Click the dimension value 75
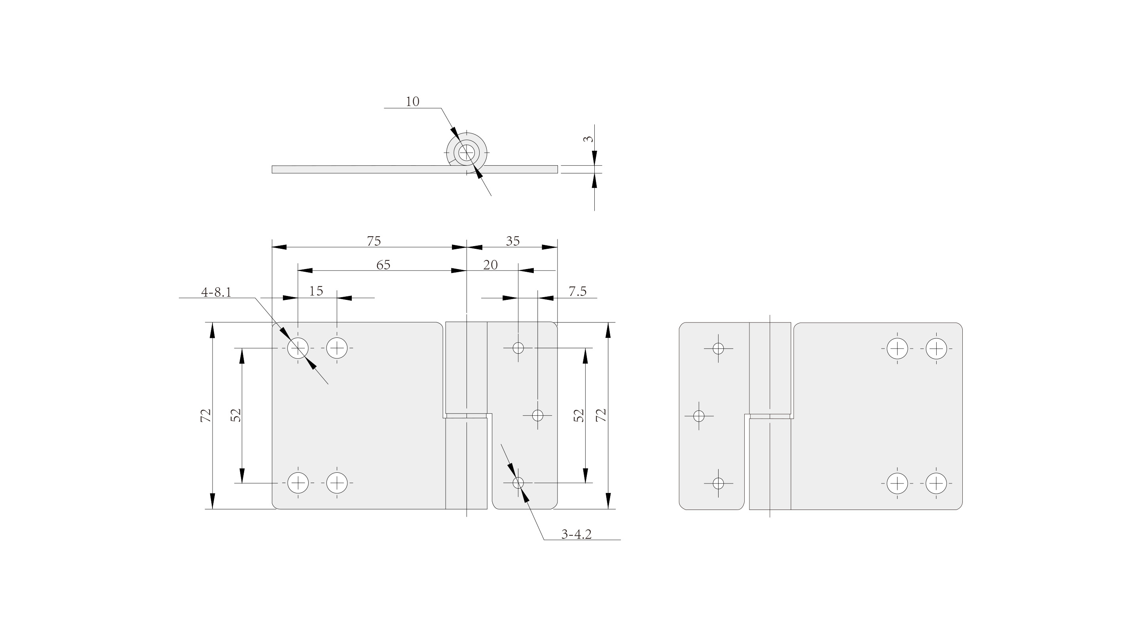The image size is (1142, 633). pos(374,241)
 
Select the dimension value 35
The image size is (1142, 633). pos(512,241)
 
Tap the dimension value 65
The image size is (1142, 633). pos(383,265)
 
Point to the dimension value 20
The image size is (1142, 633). pos(490,265)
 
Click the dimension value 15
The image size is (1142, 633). pos(316,291)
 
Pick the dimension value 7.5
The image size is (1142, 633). pos(578,291)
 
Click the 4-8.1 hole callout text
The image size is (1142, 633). pos(216,292)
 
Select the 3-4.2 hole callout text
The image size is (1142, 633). pos(576,534)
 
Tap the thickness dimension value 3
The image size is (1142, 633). pos(588,139)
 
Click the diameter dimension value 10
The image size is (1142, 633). pos(412,102)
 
